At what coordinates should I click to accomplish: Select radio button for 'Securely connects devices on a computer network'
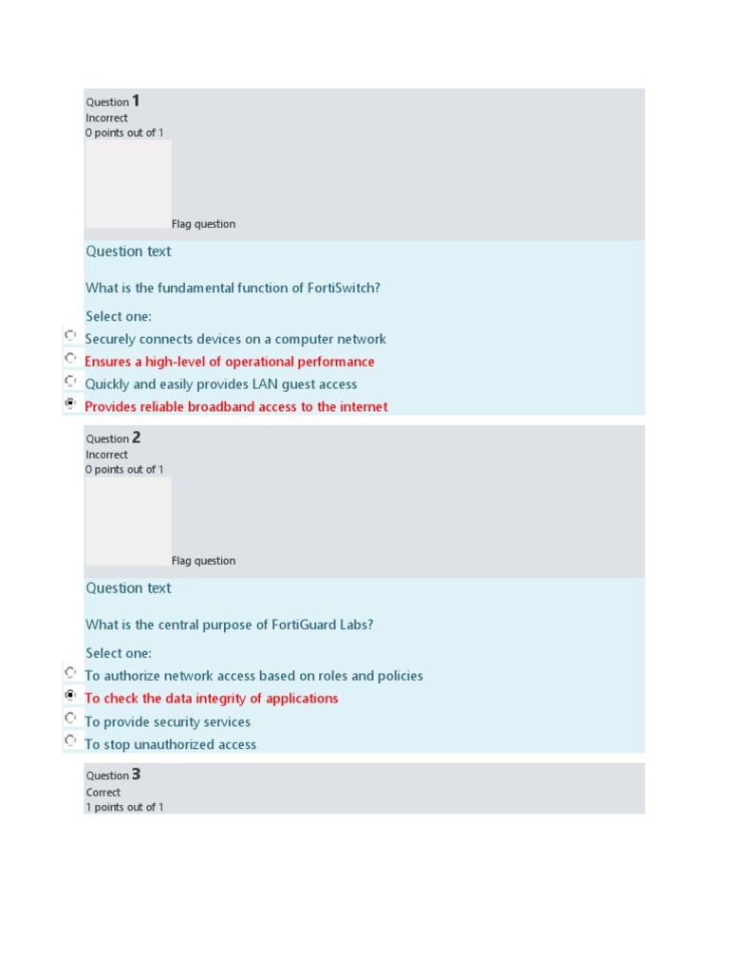pyautogui.click(x=70, y=335)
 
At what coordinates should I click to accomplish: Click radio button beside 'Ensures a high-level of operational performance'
pyautogui.click(x=70, y=358)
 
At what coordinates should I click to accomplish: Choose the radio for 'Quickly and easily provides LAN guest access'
pyautogui.click(x=70, y=381)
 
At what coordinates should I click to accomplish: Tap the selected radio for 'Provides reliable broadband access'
pyautogui.click(x=70, y=403)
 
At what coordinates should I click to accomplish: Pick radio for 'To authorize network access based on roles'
pyautogui.click(x=70, y=672)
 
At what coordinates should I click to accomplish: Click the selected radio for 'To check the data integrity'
pyautogui.click(x=70, y=695)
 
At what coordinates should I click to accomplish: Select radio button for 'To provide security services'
pyautogui.click(x=70, y=718)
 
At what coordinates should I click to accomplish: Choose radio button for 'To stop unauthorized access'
pyautogui.click(x=70, y=740)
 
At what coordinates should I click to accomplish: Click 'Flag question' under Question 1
pyautogui.click(x=203, y=224)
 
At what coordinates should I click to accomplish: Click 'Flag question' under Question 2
pyautogui.click(x=203, y=561)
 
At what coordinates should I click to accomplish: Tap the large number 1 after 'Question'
pyautogui.click(x=136, y=101)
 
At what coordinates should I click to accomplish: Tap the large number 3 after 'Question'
pyautogui.click(x=136, y=775)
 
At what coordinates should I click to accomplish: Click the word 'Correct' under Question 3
pyautogui.click(x=103, y=793)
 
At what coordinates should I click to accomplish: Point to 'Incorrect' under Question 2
pyautogui.click(x=106, y=455)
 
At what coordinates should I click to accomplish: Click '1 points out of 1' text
pyautogui.click(x=124, y=807)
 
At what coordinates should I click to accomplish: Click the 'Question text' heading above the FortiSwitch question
pyautogui.click(x=128, y=252)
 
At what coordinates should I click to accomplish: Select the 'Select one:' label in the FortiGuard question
pyautogui.click(x=119, y=653)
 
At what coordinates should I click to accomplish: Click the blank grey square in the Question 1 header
pyautogui.click(x=128, y=184)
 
